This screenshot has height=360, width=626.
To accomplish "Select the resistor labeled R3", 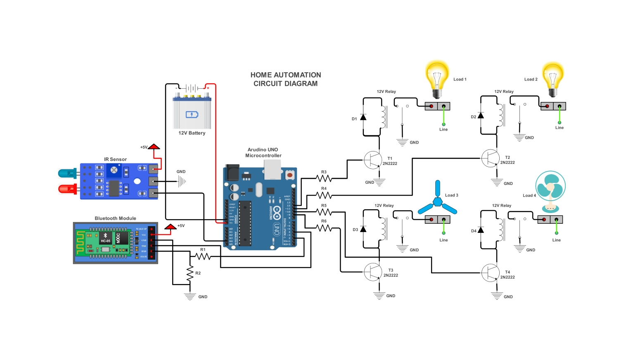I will pos(324,178).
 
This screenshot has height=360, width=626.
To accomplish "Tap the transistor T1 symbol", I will pos(372,160).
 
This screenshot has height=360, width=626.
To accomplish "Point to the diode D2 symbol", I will pos(481,115).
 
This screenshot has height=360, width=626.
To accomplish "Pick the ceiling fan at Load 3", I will pos(437,201).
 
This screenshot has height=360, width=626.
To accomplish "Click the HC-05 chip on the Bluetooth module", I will pos(106,238).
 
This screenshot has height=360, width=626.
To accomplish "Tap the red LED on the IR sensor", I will pos(67,189).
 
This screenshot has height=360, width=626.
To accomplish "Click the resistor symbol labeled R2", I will pos(190,273).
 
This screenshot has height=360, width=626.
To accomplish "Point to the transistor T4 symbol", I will pos(490,273).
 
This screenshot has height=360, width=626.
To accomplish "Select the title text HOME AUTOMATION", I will pos(286,75).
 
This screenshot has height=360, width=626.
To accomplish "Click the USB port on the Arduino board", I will pos(272,169).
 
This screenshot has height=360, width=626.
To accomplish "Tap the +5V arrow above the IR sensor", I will pos(154,147).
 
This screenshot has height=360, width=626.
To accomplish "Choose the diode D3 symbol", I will pos(363,229).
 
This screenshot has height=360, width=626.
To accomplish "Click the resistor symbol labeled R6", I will pos(324,228).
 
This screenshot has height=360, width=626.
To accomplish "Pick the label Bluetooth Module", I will pos(115,218).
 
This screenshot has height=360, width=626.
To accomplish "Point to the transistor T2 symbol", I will pos(490,159).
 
